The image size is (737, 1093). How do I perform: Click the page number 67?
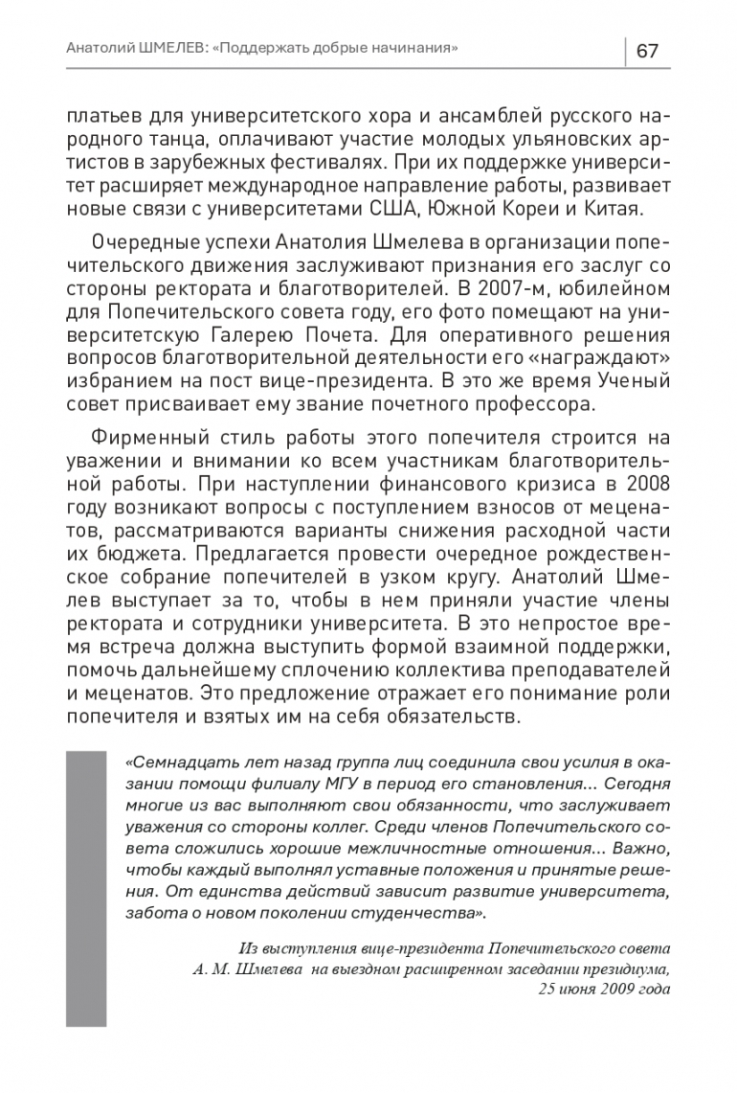tap(648, 50)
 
